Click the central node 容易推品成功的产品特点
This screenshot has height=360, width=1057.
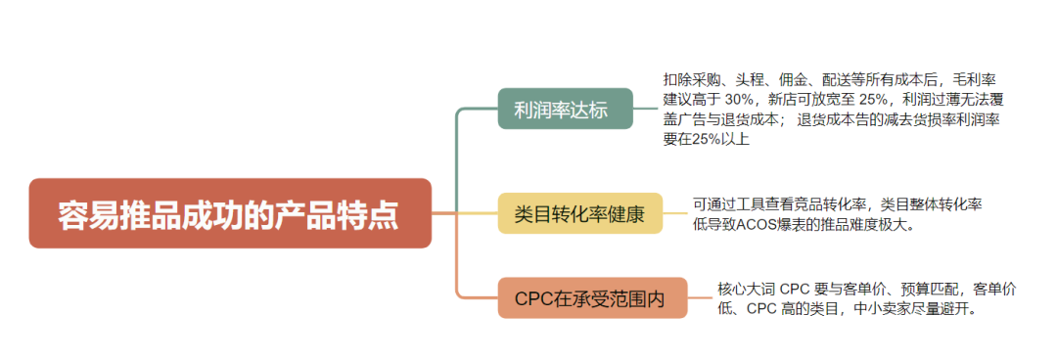[229, 212]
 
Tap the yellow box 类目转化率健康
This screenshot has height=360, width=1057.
[579, 213]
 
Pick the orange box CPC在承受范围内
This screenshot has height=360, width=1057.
[593, 298]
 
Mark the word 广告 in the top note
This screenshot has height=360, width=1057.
[712, 119]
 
